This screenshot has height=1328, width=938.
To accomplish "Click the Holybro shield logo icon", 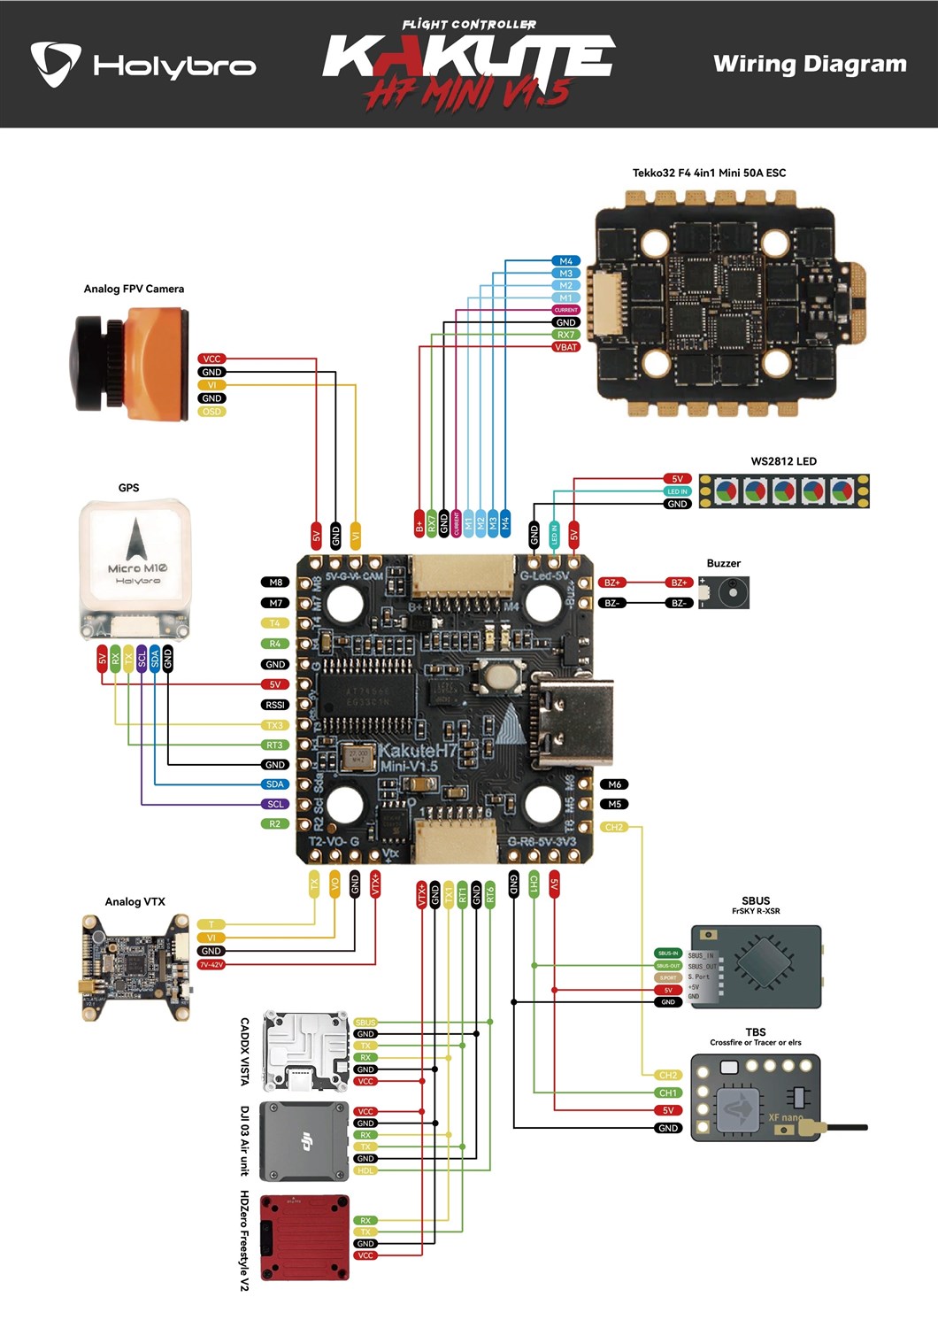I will click(56, 63).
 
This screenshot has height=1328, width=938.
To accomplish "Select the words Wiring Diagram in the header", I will click(809, 64).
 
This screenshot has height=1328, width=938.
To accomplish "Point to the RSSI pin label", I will click(275, 705).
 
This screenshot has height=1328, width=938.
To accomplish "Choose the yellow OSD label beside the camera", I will click(211, 412).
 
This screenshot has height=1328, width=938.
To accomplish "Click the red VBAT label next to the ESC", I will click(565, 347).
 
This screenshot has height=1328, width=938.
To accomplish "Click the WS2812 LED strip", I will click(784, 490).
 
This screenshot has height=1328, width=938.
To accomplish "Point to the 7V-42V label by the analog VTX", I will click(211, 964).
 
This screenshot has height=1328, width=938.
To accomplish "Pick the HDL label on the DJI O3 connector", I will click(365, 1170).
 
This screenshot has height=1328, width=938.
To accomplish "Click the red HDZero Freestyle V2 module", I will click(304, 1237).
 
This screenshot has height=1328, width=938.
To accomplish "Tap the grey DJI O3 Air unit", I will click(304, 1141).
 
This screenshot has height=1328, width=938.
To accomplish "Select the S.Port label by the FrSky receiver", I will click(668, 977).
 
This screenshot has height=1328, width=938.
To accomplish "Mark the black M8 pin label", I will click(275, 582).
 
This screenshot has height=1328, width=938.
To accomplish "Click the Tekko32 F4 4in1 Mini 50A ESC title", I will click(709, 173).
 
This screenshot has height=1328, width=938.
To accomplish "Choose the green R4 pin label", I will click(275, 644).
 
